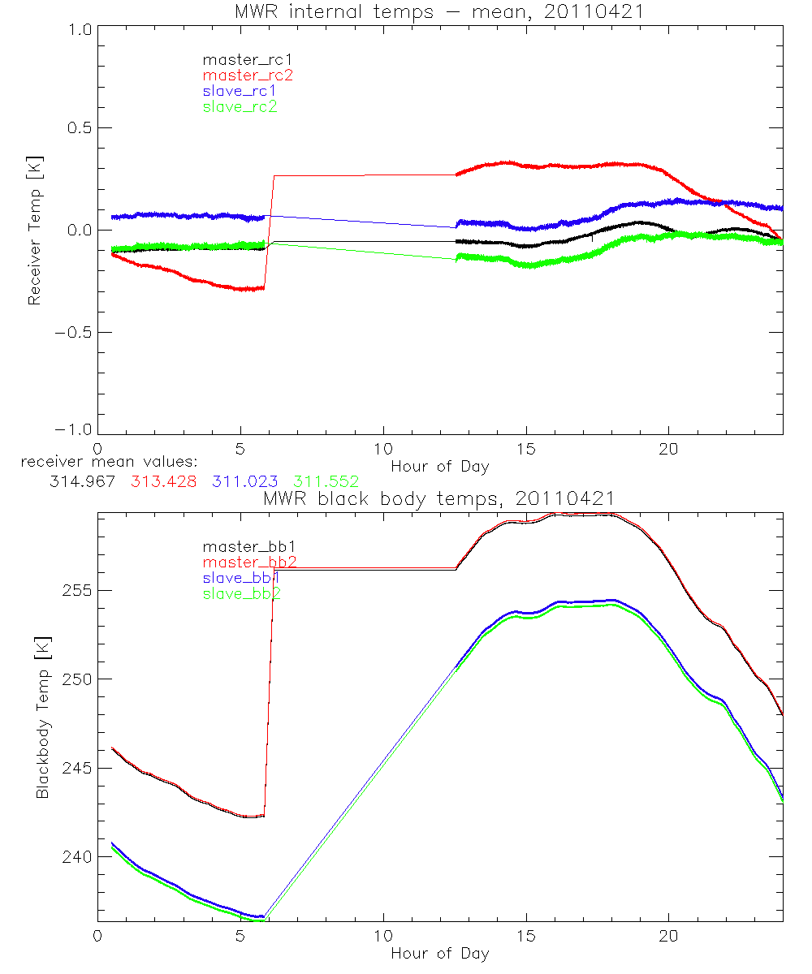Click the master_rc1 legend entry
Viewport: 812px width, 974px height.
240,59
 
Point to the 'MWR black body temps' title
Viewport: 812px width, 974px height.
439,498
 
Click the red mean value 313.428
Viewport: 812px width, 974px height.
162,481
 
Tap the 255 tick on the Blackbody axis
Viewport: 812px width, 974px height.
76,590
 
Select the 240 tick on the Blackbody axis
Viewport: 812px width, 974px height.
76,857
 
